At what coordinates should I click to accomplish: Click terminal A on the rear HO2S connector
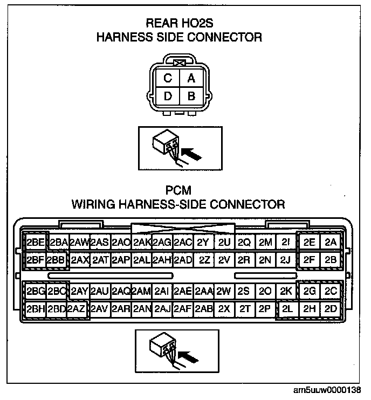coord(191,79)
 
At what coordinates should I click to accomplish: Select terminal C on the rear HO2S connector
coord(168,79)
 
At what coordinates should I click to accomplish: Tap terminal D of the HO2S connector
coord(168,97)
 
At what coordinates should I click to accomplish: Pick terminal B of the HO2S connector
coord(191,97)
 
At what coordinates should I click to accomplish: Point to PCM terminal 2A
coord(331,243)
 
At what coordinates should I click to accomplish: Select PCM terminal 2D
coord(331,309)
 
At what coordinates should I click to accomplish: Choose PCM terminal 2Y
coord(203,243)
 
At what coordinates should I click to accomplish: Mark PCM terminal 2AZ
coord(76,309)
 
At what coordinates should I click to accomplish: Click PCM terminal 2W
coord(224,292)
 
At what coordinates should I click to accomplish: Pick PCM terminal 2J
coord(286,259)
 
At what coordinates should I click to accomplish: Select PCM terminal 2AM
coord(141,292)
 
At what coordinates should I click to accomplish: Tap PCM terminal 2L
coord(287,309)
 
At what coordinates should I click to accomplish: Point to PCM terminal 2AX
coord(79,259)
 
